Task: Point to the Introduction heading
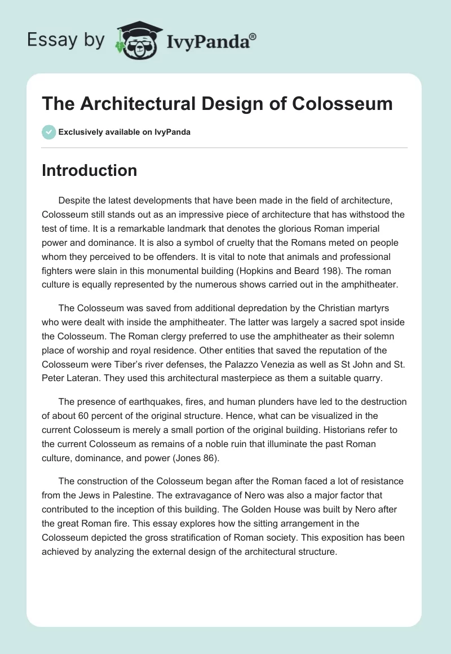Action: pyautogui.click(x=89, y=170)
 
